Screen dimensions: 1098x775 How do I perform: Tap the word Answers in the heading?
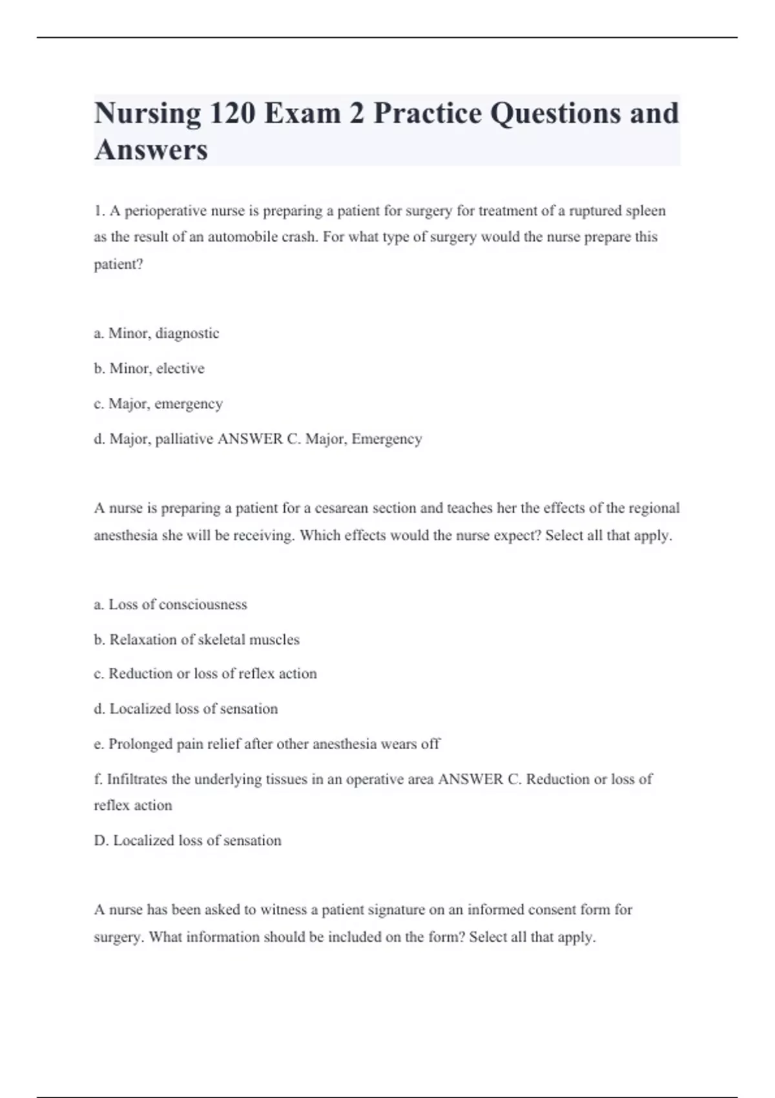point(151,150)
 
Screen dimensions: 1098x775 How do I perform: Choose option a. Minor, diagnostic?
point(156,333)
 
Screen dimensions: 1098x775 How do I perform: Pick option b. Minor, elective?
point(149,368)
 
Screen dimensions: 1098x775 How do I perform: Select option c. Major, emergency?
point(158,404)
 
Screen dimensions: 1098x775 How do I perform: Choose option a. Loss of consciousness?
point(170,605)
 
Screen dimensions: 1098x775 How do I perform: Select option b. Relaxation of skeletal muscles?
point(196,639)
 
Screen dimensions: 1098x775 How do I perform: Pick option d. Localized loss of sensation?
point(186,709)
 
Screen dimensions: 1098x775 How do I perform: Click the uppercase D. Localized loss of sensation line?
point(187,840)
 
